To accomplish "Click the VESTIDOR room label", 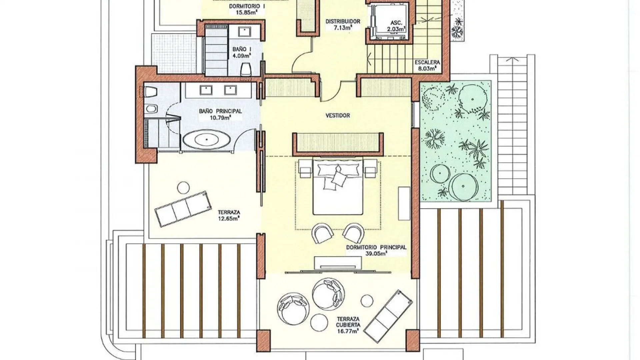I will pos(338,116).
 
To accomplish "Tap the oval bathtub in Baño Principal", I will pos(207,139).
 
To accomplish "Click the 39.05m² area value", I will pos(376,253).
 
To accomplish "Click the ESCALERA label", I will pos(427,62).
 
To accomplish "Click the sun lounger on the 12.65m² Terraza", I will pos(183,209).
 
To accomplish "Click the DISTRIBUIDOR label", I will pos(343,21).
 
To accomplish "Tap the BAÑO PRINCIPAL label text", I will pos(220,111).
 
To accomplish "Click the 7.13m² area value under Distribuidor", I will pos(343,28).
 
